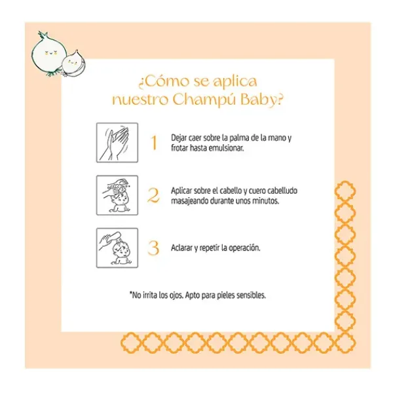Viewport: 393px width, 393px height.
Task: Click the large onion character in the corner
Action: tap(49, 54)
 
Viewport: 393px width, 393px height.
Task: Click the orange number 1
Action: tap(154, 143)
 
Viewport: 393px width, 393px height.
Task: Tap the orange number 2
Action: tap(153, 195)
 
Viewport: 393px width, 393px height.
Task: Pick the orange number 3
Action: tap(153, 248)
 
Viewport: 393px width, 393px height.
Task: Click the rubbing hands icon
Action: tap(117, 143)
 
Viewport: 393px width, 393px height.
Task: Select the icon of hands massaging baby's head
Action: tap(117, 195)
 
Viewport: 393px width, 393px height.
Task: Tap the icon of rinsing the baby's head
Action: tap(117, 248)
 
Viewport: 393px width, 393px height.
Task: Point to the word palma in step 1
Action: tap(240, 138)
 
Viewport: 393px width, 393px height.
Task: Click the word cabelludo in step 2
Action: tap(282, 191)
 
